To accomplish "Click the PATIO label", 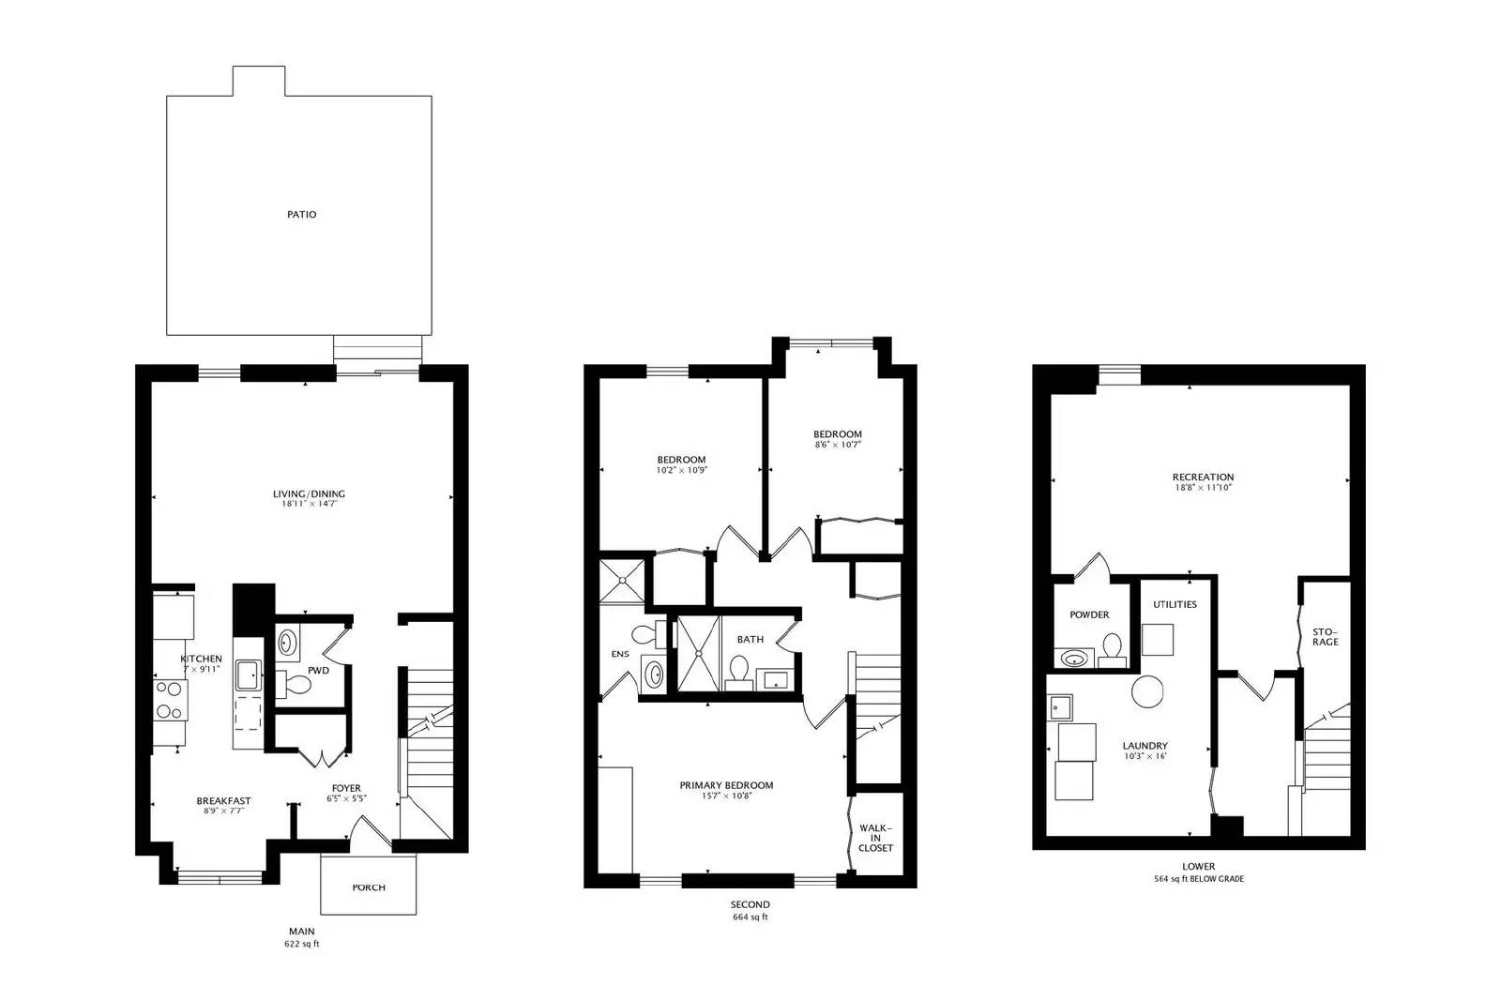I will pos(301,214).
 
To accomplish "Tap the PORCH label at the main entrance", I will pos(368,887).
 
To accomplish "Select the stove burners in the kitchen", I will pos(170,700).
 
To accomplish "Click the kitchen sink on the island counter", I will pos(248,675).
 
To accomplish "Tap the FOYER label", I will pos(345,788).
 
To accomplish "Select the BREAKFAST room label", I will pos(223,800).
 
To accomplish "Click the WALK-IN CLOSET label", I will pos(875,838).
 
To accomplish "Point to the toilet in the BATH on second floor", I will pos(738,671).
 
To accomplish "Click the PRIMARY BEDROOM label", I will pos(726,785).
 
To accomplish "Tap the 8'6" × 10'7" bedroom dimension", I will pos(837,445).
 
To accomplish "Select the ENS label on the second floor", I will pos(620,654).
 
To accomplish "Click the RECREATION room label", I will pos(1203,477).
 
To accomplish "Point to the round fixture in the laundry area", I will pos(1146,692).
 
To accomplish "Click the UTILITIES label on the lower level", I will pos(1175,604).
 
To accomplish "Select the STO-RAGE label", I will pos(1325,636).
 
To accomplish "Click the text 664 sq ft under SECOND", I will pos(750,917).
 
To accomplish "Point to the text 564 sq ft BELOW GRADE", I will pos(1198,879).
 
